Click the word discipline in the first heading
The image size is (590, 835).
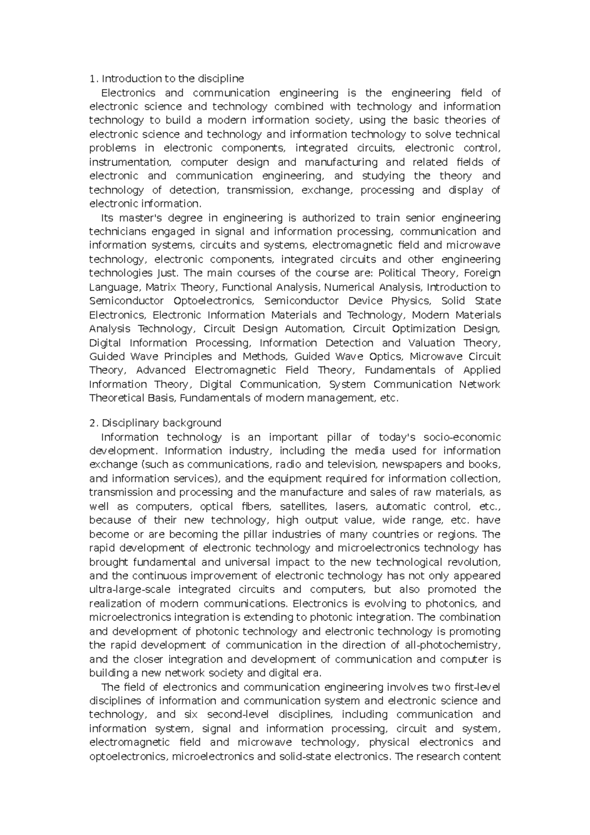click(x=221, y=79)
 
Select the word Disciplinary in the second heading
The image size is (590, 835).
click(x=131, y=423)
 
